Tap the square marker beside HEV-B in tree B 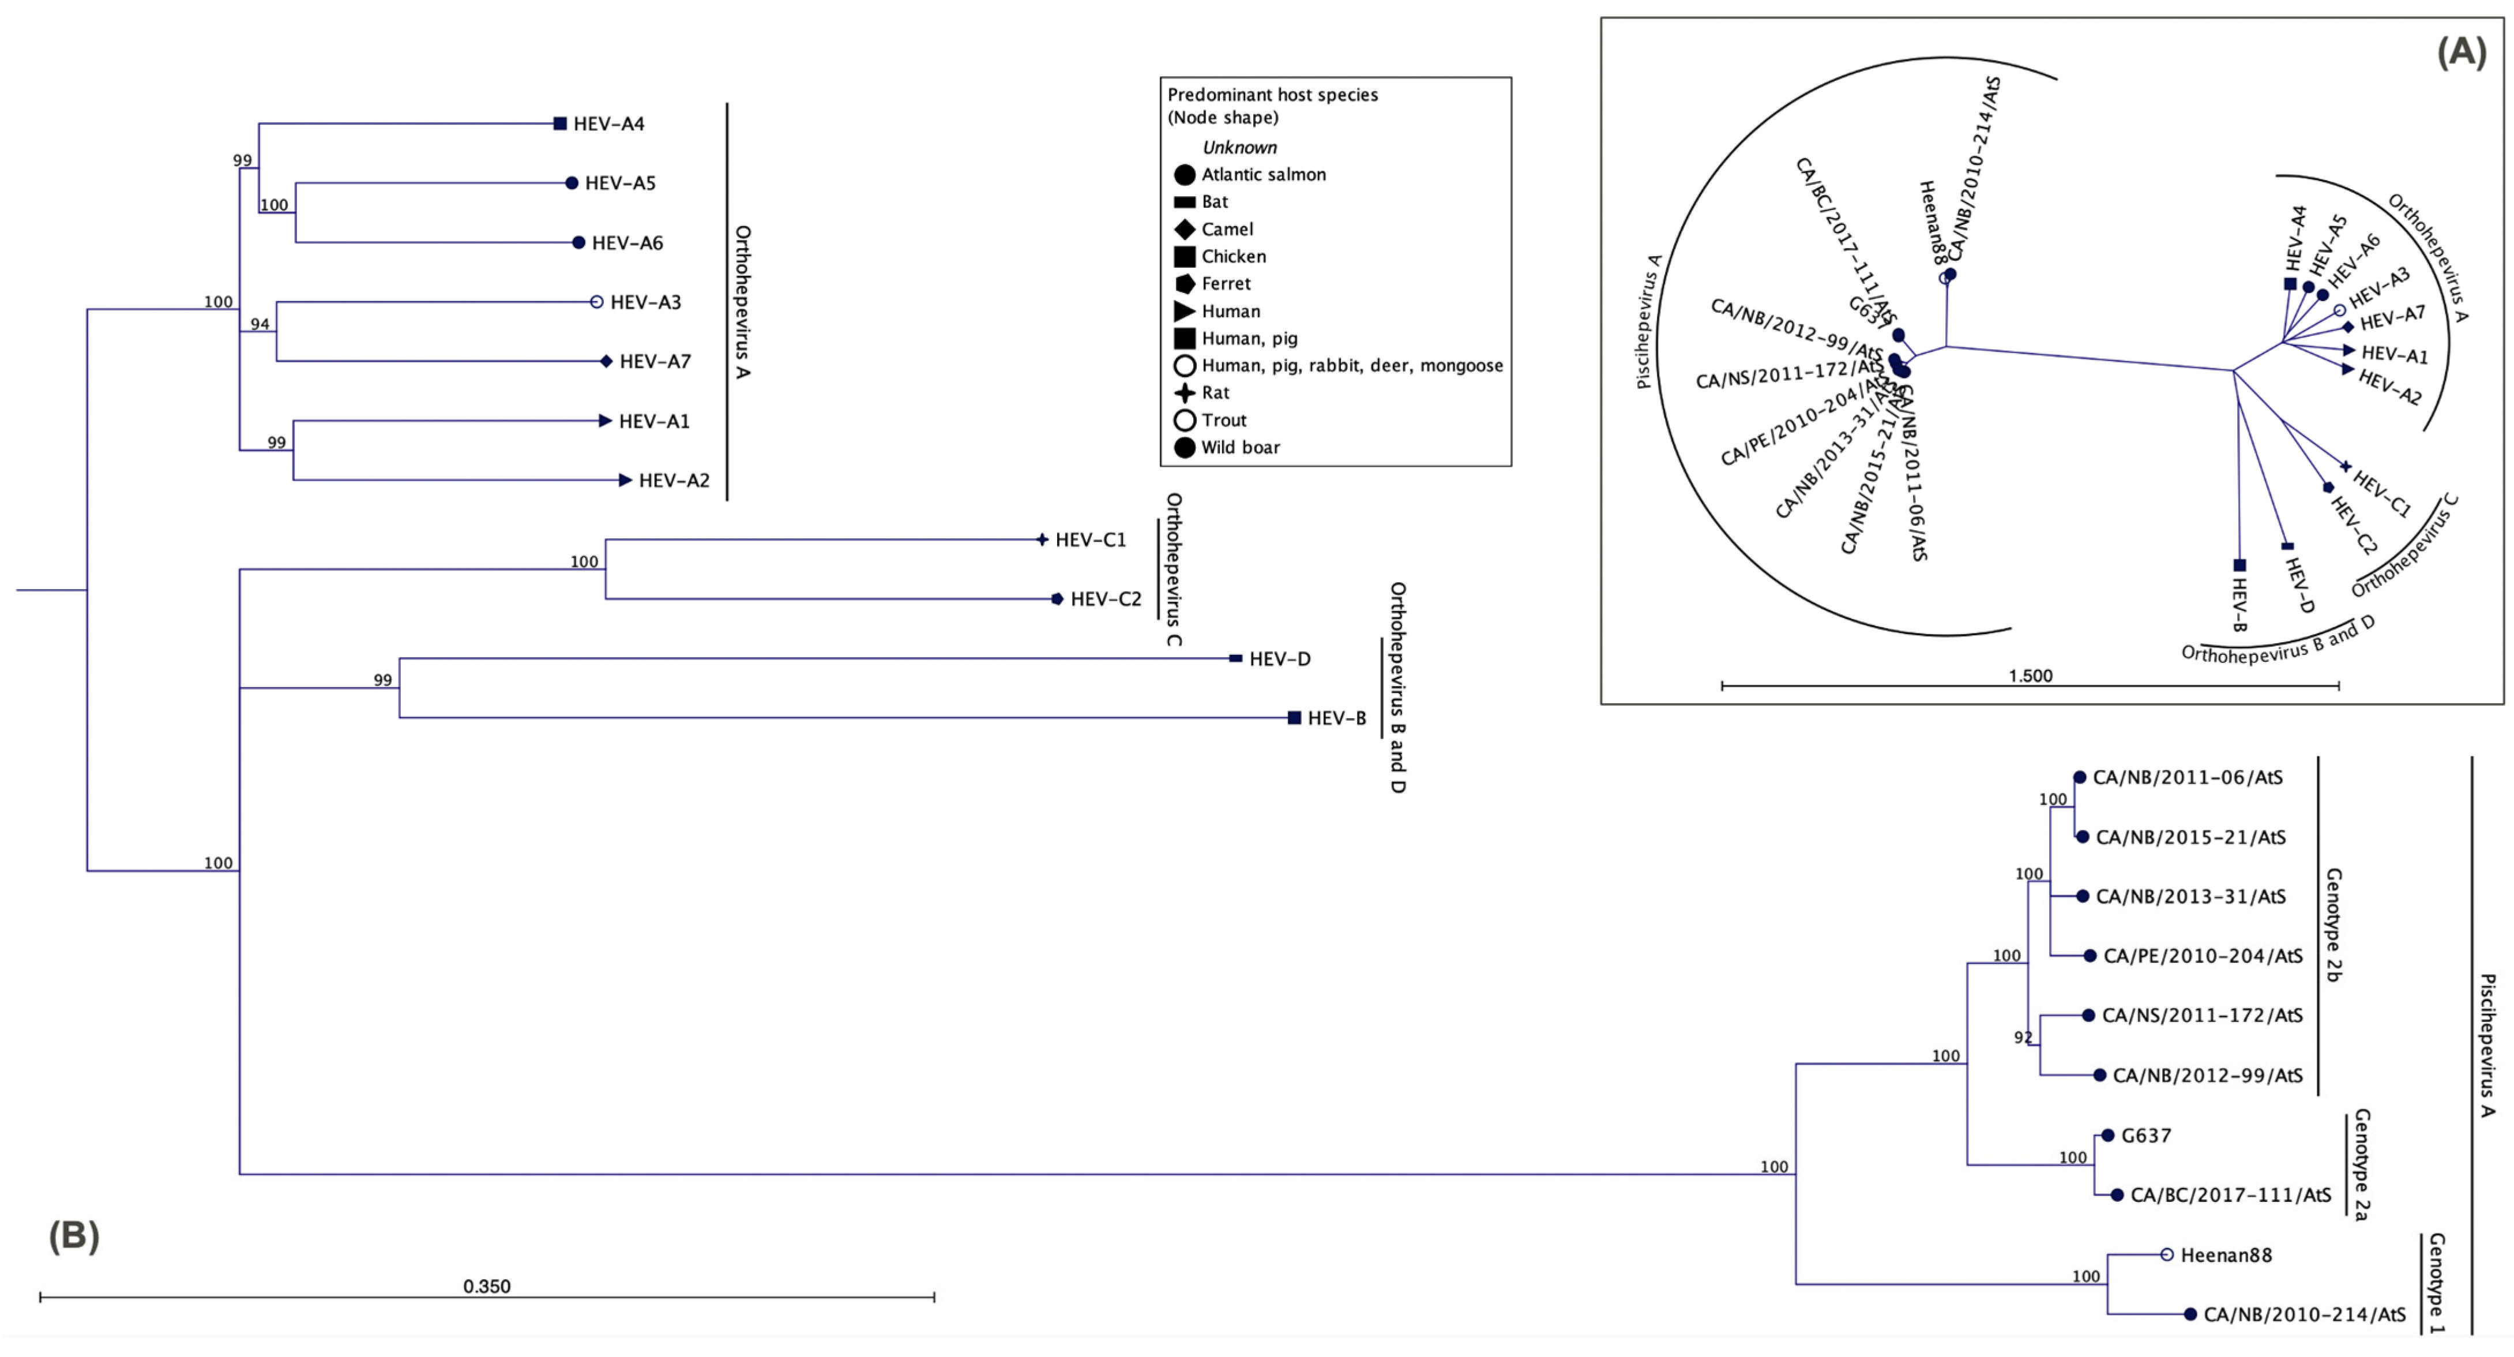point(1294,718)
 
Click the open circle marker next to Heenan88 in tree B point(2167,1255)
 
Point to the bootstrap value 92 point(2023,1038)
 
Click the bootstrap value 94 point(260,324)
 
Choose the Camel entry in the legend point(1227,230)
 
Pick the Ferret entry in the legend point(1226,284)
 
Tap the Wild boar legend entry point(1239,448)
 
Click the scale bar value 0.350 point(486,1287)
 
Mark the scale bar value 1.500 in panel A point(2030,676)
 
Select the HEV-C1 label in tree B point(1090,540)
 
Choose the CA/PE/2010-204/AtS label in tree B point(2203,957)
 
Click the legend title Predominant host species point(1273,95)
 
